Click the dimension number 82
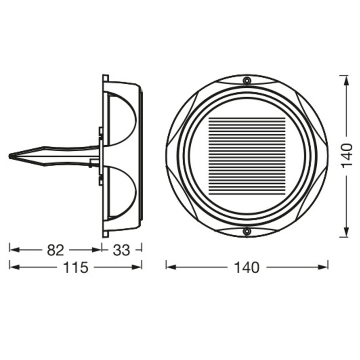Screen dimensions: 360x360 pos(55,249)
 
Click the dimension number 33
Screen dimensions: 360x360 pos(121,249)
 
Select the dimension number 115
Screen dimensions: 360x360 pos(75,267)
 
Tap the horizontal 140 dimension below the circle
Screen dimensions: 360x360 pos(247,267)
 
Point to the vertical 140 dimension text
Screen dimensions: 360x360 pos(346,156)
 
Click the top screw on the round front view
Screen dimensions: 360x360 pos(247,81)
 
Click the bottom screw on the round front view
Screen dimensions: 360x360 pos(247,231)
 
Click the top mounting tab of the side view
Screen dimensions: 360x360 pos(105,78)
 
